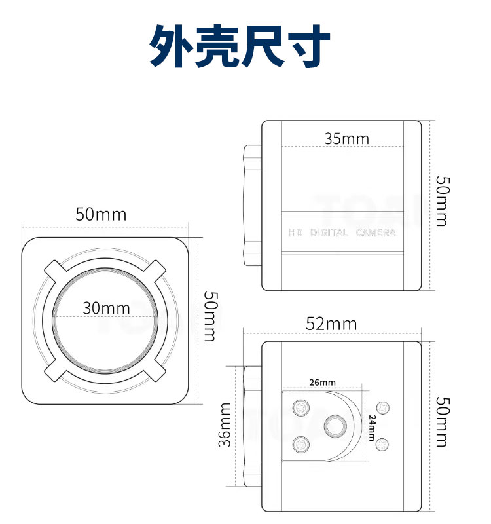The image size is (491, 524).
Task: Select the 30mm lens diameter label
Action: (x=106, y=308)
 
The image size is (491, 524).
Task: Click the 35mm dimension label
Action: (x=347, y=139)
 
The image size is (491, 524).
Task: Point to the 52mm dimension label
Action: (x=331, y=324)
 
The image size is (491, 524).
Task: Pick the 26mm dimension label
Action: (x=322, y=382)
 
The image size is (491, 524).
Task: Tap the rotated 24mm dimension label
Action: (x=372, y=428)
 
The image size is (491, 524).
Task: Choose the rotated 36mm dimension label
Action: (x=225, y=424)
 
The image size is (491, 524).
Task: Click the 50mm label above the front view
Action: (x=101, y=214)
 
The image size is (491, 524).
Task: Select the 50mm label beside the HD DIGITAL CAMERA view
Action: (x=443, y=201)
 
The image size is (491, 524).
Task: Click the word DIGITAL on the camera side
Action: (x=329, y=233)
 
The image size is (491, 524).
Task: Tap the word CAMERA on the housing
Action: (x=376, y=233)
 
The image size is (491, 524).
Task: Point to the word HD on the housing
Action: (x=295, y=233)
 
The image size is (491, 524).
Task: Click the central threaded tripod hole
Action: (x=335, y=426)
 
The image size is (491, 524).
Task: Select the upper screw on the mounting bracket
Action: (x=301, y=407)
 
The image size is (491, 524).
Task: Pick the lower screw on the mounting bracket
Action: (x=301, y=445)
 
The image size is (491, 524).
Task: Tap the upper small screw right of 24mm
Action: (x=383, y=407)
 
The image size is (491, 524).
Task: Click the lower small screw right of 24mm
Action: (x=382, y=445)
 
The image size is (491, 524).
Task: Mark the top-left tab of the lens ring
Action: (x=55, y=270)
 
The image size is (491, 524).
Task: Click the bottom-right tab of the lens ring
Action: (x=155, y=371)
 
